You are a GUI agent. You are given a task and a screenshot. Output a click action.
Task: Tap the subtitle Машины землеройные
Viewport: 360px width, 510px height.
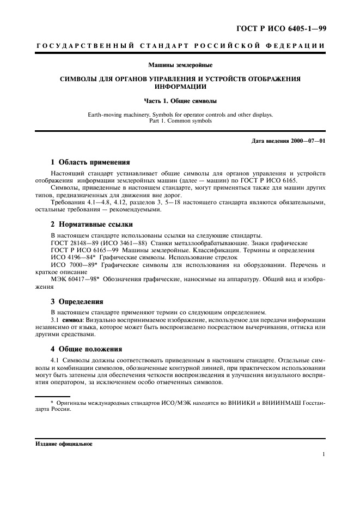tap(180, 65)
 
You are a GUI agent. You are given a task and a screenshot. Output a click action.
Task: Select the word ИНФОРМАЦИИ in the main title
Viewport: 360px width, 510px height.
tap(180, 87)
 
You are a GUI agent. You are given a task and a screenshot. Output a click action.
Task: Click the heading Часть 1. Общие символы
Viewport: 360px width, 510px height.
tap(180, 101)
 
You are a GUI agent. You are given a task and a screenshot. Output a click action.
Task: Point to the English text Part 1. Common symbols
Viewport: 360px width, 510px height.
tap(180, 121)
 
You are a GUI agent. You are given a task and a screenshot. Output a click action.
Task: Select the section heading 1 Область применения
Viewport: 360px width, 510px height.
tap(90, 162)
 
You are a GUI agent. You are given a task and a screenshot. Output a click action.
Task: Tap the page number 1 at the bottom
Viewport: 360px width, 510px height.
tap(324, 453)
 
